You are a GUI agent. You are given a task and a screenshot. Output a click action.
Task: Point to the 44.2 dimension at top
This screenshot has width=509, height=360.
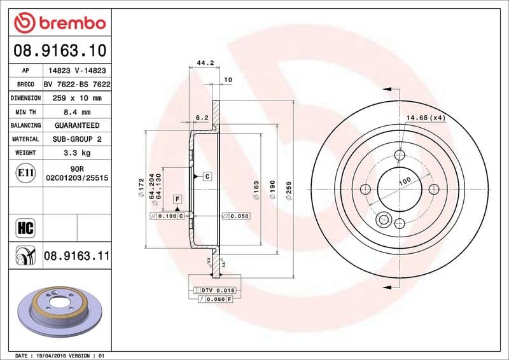point(204,63)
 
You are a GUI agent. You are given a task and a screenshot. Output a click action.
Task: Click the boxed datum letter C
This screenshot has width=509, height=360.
point(207,176)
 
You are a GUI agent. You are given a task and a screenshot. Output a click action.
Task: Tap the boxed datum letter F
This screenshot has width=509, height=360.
point(177,199)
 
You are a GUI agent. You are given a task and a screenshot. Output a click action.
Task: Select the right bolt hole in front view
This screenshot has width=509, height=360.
point(434,189)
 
